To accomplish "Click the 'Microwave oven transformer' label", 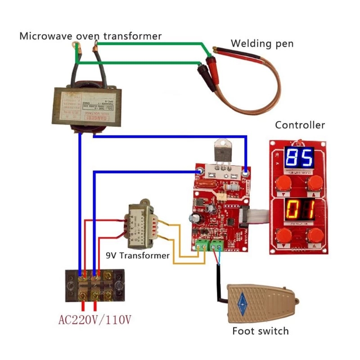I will coord(90,36).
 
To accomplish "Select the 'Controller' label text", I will coord(300,125).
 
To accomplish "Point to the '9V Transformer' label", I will coord(138,256).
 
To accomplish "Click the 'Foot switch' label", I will coord(260,332).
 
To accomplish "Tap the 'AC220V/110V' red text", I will coord(94,320).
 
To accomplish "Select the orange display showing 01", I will coord(299,210).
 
